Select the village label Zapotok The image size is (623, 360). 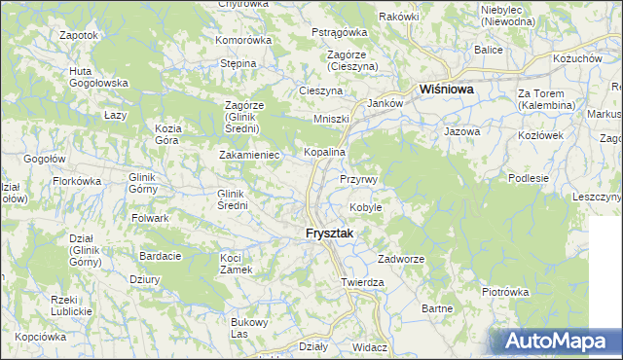79,35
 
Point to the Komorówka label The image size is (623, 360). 243,41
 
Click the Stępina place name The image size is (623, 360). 238,63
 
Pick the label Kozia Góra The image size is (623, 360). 169,133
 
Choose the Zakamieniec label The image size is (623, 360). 249,155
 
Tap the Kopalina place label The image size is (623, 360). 325,154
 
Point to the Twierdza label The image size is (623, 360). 363,282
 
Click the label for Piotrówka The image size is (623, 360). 504,291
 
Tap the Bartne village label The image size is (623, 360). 438,308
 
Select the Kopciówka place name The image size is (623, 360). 41,337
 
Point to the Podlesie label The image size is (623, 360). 530,178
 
